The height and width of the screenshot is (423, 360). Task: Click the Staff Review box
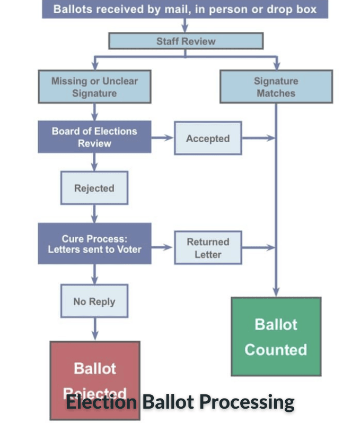[186, 41]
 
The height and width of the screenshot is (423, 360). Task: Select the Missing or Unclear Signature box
[94, 87]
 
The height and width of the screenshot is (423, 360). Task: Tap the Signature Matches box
[276, 87]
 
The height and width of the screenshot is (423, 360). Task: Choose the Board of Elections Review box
[94, 137]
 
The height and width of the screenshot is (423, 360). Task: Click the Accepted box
[208, 139]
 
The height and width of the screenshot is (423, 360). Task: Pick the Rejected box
[94, 188]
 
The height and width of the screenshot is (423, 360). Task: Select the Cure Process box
[94, 244]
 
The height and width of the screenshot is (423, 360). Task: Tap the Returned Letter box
[208, 247]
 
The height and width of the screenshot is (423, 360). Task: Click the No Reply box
[94, 301]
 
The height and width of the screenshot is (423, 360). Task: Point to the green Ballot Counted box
[276, 336]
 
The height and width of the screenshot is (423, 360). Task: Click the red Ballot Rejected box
[94, 372]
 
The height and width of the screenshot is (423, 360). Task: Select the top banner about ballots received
[186, 9]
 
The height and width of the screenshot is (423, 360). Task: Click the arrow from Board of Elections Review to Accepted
[163, 138]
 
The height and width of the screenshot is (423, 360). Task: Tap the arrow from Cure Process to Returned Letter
[163, 247]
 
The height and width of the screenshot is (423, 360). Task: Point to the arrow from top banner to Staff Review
[186, 25]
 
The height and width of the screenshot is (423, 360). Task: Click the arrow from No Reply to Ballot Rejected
[95, 329]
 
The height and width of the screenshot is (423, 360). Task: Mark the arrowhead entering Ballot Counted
[276, 291]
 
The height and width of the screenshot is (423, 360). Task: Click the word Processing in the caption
[248, 402]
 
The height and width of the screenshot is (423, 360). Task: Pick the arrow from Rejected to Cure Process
[95, 213]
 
